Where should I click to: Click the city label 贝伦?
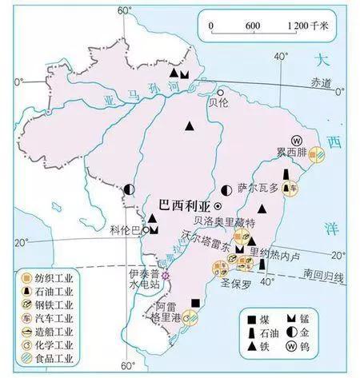(x=218, y=102)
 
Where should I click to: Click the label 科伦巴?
(x=126, y=230)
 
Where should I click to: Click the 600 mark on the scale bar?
(x=253, y=26)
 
